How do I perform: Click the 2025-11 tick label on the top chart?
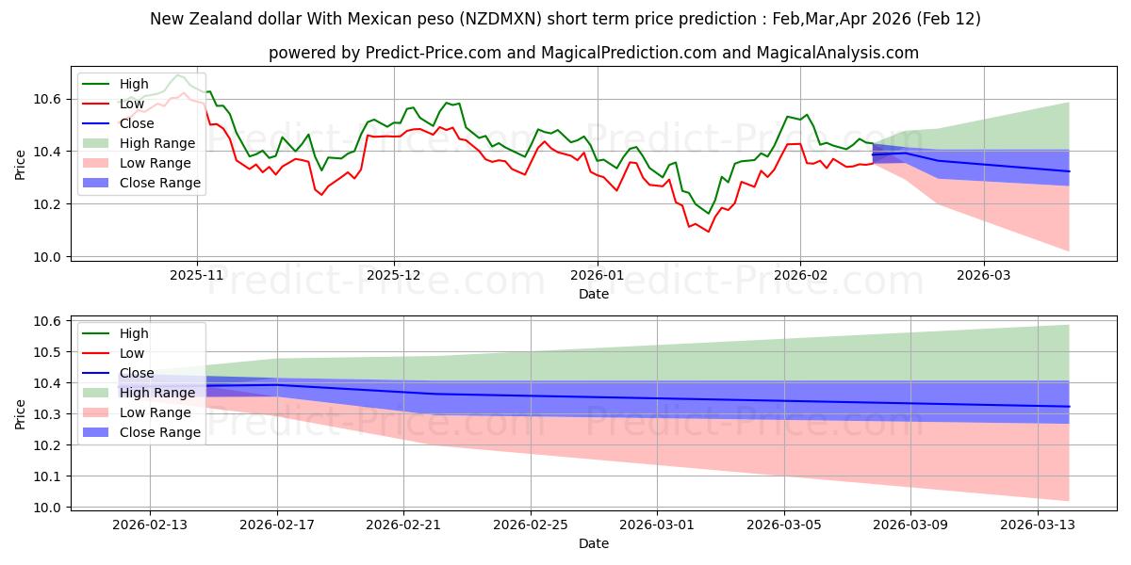197,276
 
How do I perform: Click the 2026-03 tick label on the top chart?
984,276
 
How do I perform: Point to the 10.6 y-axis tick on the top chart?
47,99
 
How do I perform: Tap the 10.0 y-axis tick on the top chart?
47,257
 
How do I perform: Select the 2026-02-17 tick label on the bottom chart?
277,525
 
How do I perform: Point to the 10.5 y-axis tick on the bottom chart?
47,352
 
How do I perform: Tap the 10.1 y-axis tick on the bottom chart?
47,476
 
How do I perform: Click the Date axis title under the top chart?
594,294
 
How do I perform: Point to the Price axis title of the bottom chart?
20,414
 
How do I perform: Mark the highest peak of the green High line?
177,74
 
